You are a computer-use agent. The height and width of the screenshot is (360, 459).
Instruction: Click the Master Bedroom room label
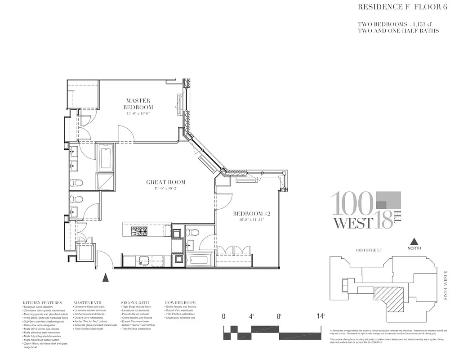[138, 104]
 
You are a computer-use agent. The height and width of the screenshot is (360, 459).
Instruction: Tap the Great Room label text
[165, 182]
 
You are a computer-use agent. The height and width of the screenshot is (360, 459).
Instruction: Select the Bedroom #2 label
[251, 213]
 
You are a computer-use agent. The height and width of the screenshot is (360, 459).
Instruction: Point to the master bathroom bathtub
[106, 158]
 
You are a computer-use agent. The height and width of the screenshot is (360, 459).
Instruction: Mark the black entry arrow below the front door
[106, 277]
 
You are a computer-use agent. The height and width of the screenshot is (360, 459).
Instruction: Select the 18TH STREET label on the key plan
[368, 250]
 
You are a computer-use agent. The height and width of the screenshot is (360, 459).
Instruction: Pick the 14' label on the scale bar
[320, 316]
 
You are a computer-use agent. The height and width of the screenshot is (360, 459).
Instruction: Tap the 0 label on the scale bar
[224, 316]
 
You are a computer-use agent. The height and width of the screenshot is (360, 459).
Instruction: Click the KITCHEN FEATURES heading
[40, 302]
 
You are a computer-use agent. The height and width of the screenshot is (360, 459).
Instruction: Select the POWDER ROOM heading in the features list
[180, 302]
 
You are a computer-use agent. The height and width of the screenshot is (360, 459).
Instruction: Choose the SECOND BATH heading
[134, 302]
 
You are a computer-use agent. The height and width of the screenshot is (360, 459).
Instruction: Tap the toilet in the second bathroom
[193, 233]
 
